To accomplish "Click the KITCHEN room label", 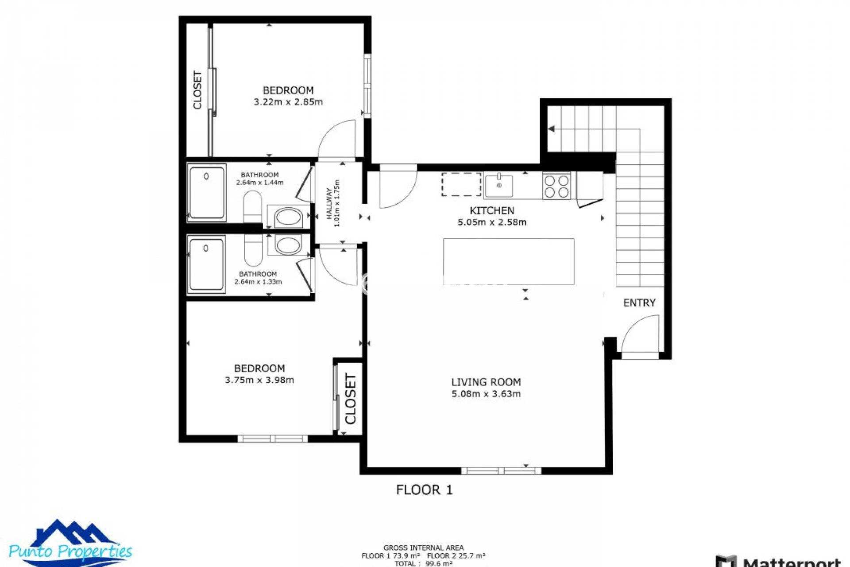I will click(491, 210).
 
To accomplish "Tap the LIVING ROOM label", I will click(486, 382).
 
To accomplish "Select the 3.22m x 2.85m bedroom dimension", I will click(288, 102).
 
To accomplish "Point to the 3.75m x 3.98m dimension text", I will click(259, 380).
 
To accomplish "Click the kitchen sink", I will click(498, 186).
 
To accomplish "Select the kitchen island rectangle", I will click(509, 261).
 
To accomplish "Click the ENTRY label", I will click(639, 303).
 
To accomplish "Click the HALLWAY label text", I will click(329, 203).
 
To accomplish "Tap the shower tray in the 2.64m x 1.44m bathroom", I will click(207, 193).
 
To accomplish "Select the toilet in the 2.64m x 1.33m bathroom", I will click(253, 250).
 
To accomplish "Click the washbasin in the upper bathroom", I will click(288, 217).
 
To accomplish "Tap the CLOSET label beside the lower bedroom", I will click(350, 399).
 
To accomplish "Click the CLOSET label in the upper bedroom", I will click(197, 90).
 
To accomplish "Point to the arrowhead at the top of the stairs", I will click(552, 129).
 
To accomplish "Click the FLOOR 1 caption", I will click(424, 490).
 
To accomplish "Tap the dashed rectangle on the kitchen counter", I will click(461, 184).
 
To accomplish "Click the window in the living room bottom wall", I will click(501, 470).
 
